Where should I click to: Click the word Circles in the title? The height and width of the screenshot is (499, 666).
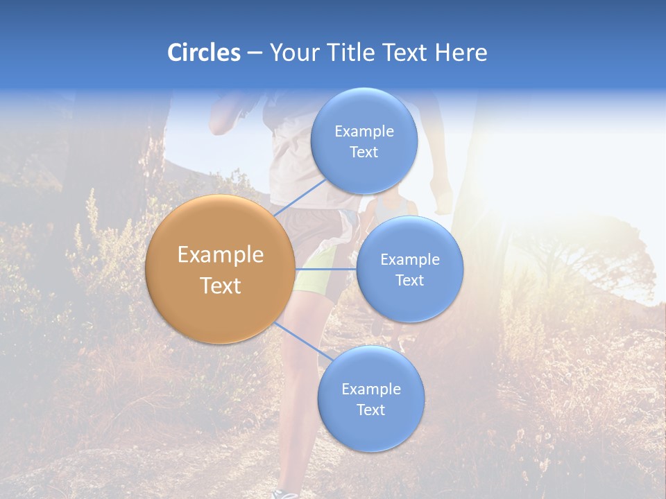point(203,53)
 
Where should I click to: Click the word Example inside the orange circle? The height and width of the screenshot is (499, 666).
point(220,255)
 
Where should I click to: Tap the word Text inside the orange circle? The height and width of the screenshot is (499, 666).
point(220,286)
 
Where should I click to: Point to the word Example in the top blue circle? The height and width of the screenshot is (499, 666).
point(364,131)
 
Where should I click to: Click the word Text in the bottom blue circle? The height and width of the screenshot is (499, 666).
point(370,410)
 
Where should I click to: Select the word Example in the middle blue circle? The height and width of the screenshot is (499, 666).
point(409,259)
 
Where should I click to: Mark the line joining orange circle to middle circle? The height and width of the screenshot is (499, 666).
point(326,268)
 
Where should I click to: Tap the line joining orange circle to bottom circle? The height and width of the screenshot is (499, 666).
point(299,340)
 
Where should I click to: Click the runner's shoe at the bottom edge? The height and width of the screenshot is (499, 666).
point(285,494)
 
